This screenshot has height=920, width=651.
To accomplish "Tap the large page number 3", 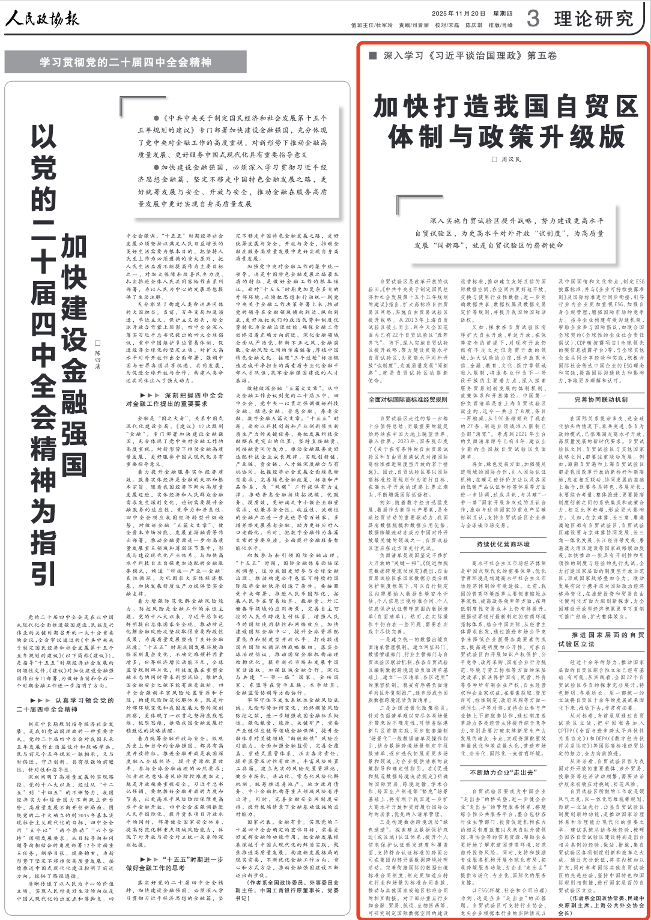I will pyautogui.click(x=533, y=19).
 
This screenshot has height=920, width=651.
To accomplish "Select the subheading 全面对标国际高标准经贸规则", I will pyautogui.click(x=408, y=399).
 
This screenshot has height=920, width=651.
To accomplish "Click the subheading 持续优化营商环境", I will pyautogui.click(x=503, y=544).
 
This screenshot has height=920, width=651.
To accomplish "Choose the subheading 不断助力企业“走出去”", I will pyautogui.click(x=503, y=772).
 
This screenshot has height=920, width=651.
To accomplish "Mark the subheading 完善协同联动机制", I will pyautogui.click(x=601, y=399).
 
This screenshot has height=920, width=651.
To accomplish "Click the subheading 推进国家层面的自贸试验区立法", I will pyautogui.click(x=601, y=639).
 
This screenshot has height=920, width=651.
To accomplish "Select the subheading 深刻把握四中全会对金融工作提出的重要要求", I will pyautogui.click(x=174, y=399).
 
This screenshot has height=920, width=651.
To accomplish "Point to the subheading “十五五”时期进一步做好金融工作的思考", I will pyautogui.click(x=174, y=864).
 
